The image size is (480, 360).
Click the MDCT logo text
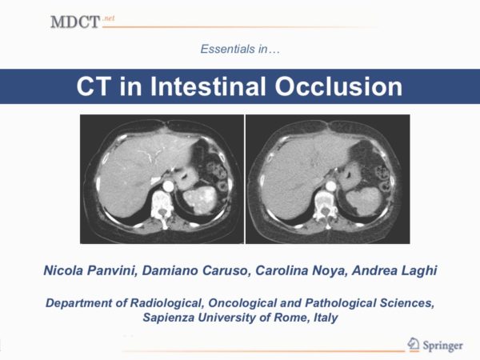75,22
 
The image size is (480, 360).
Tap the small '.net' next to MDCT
109,18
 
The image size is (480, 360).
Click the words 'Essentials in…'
240,49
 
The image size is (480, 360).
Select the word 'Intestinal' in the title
208,86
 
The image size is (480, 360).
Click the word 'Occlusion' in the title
338,86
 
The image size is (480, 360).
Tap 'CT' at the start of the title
94,86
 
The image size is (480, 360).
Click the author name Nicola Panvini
90,270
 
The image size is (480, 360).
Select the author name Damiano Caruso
195,270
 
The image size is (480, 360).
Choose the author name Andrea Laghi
394,270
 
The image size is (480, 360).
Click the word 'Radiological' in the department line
167,303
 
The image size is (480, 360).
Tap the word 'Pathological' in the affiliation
341,303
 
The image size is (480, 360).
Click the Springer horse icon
413,344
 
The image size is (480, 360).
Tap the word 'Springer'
442,346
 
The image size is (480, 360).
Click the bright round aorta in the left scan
168,186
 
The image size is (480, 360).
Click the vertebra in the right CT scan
326,206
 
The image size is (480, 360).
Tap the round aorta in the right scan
330,186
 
